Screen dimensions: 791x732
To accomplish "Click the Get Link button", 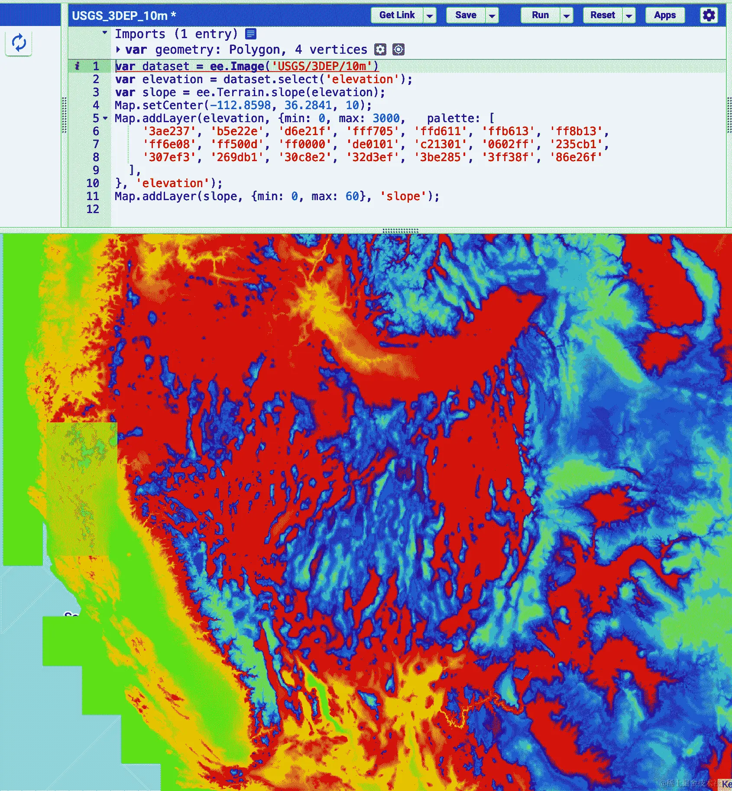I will [x=397, y=15].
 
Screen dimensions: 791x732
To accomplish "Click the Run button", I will [x=540, y=15].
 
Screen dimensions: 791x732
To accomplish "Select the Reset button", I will [x=602, y=15].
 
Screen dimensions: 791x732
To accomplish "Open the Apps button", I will [x=665, y=15].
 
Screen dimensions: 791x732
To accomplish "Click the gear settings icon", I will [x=709, y=15].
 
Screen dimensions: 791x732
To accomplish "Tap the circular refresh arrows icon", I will [x=19, y=43].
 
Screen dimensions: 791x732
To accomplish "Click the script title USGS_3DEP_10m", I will [x=120, y=16].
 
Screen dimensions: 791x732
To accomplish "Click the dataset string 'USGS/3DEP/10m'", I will [x=322, y=66].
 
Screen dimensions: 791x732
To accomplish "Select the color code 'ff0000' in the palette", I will [x=305, y=144].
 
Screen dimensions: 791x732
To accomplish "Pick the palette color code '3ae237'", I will [x=169, y=131].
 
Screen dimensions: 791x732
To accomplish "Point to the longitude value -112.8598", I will [x=240, y=105].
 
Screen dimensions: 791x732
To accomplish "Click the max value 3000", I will [x=386, y=118].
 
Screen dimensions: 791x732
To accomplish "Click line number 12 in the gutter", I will [x=93, y=209].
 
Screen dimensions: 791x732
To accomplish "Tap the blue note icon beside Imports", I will [x=251, y=34].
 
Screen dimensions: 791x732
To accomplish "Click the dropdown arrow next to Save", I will [x=492, y=16].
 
